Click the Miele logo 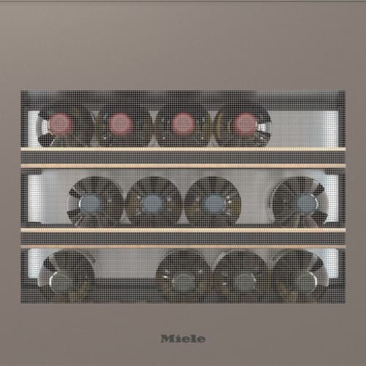click(183, 339)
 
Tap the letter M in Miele click(167, 339)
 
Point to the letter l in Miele click(191, 339)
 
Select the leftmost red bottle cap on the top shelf click(60, 124)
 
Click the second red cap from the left click(120, 124)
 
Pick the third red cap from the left click(183, 124)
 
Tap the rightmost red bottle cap click(245, 124)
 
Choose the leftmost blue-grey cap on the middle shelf click(91, 204)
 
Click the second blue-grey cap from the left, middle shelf click(152, 204)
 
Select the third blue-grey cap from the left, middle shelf click(214, 204)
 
